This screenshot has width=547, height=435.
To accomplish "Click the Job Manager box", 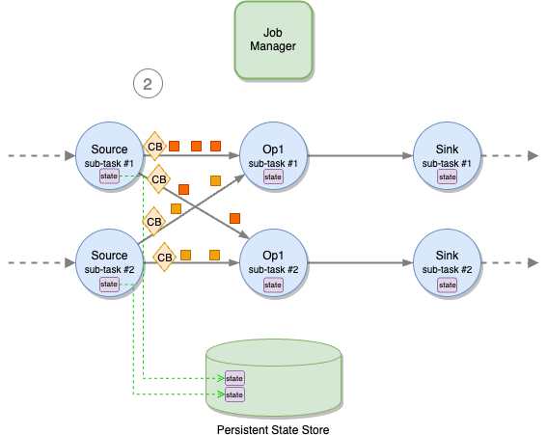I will pyautogui.click(x=273, y=40).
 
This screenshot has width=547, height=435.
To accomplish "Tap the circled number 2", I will pyautogui.click(x=147, y=84).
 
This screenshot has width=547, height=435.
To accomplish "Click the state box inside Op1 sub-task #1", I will pyautogui.click(x=273, y=177).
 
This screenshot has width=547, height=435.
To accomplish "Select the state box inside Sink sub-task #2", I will pyautogui.click(x=447, y=284).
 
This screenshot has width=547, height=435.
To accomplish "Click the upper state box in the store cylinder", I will pyautogui.click(x=234, y=378).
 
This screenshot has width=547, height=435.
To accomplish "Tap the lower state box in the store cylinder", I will pyautogui.click(x=234, y=394).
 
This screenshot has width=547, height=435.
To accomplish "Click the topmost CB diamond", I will pyautogui.click(x=154, y=147).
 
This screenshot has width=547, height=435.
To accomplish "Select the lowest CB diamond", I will pyautogui.click(x=164, y=257).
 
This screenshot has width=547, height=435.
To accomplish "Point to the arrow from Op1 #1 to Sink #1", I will pyautogui.click(x=359, y=155).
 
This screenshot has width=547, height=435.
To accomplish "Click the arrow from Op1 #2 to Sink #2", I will pyautogui.click(x=359, y=261).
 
